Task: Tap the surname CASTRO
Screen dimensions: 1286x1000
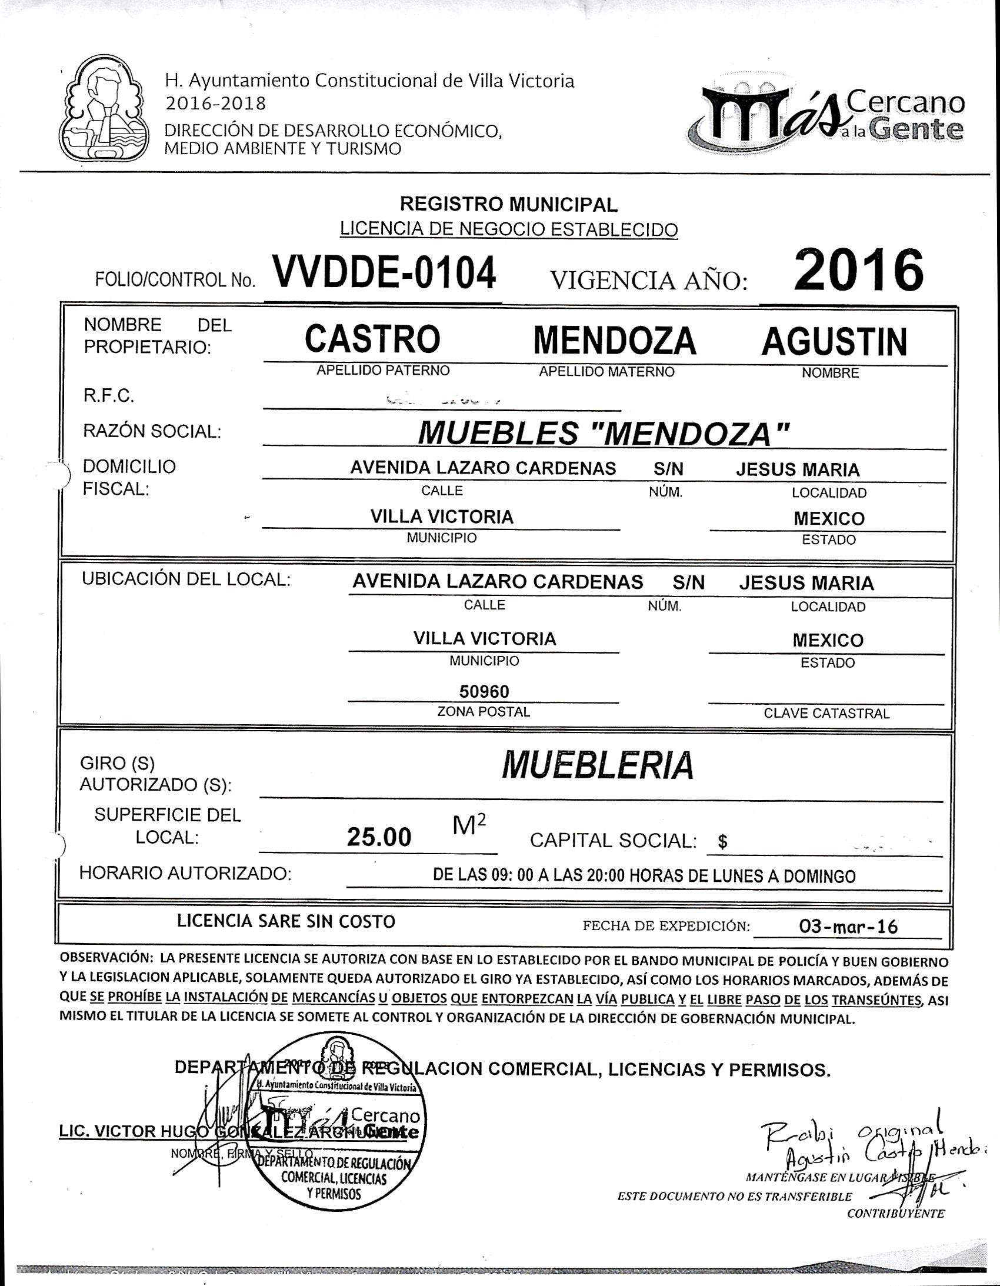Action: (372, 339)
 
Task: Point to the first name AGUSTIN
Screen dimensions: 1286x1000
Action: (834, 342)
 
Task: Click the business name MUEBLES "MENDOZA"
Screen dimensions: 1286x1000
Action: (603, 434)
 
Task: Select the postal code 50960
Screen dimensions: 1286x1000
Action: (484, 691)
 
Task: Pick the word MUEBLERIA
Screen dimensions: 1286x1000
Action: (597, 765)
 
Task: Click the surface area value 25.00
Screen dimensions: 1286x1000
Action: (379, 837)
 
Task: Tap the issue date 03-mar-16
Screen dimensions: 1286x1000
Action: (848, 927)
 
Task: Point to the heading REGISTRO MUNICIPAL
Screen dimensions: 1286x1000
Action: (509, 204)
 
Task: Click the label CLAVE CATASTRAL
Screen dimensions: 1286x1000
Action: (826, 714)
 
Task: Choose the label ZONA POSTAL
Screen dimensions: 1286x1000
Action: (484, 711)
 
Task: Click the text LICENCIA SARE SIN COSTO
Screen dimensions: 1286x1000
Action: (286, 921)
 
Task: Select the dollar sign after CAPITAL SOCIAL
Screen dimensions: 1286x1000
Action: (722, 842)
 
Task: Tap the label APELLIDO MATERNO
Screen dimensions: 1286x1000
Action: (606, 372)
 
